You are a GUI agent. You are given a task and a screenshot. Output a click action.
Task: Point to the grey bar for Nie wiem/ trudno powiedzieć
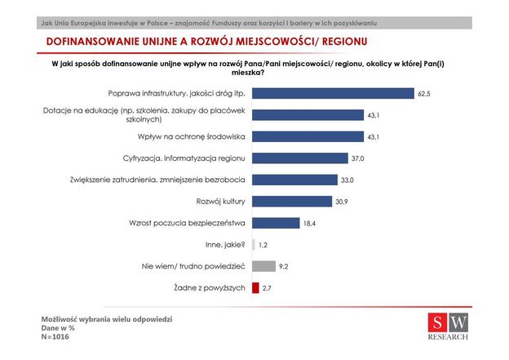click(x=263, y=266)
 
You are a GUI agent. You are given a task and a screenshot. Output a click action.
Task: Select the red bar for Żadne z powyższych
click(x=255, y=287)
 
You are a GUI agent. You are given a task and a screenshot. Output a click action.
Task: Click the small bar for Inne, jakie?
click(x=254, y=244)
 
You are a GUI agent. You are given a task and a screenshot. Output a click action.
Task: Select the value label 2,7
click(x=267, y=287)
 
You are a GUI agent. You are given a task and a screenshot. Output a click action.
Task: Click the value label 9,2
click(x=283, y=266)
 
